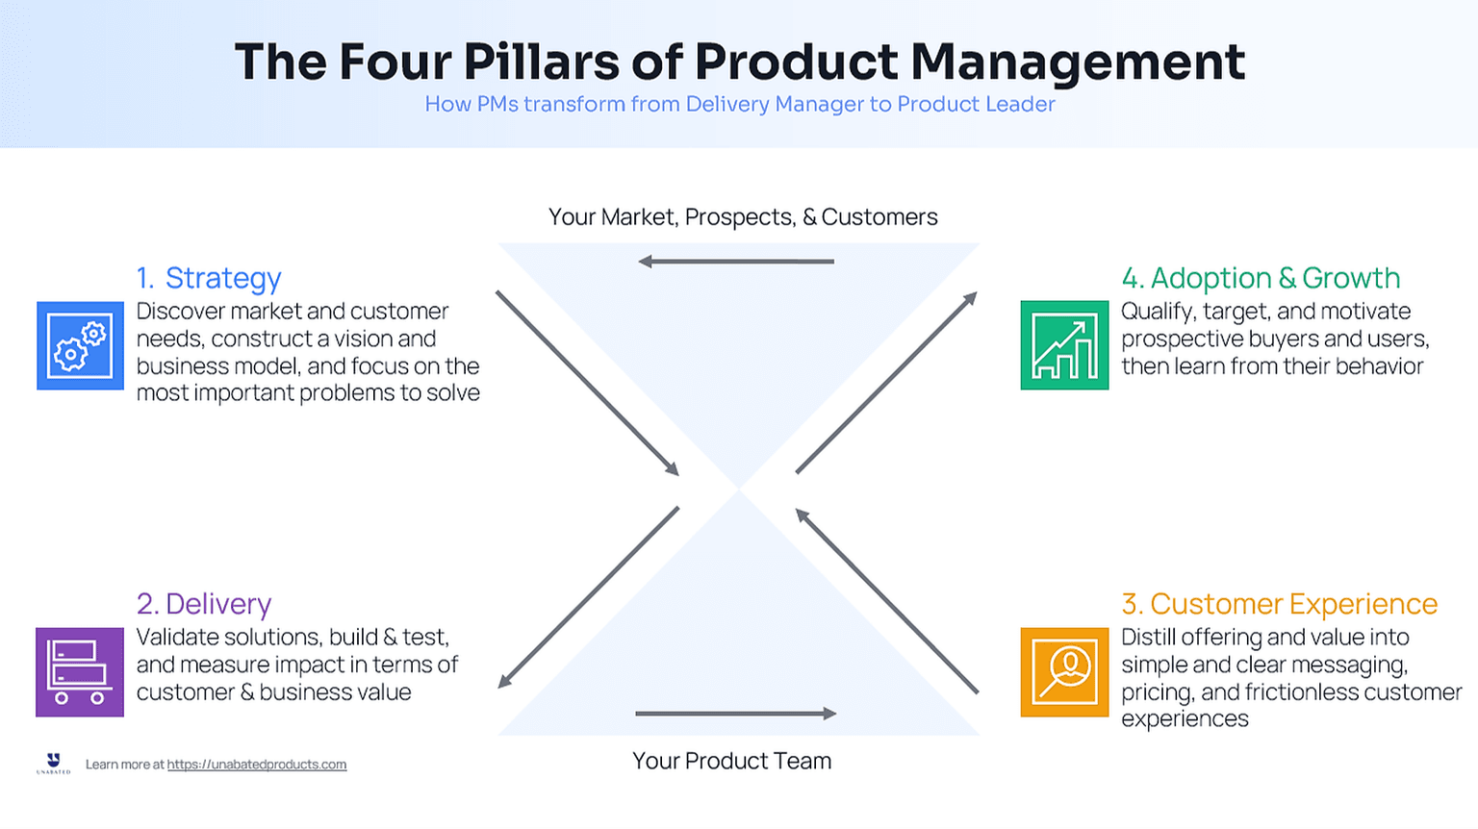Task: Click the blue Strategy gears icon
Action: (80, 345)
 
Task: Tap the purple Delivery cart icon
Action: (80, 671)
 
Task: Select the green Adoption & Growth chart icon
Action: (1064, 345)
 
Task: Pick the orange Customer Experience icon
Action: (1064, 671)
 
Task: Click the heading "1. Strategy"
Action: (209, 278)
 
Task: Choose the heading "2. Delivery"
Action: (204, 604)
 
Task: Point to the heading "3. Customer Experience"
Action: (1279, 604)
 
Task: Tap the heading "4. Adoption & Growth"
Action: (1261, 278)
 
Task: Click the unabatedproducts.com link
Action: (256, 765)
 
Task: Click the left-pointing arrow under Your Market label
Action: (736, 262)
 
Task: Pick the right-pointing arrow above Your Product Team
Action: (736, 714)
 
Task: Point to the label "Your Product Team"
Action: (731, 761)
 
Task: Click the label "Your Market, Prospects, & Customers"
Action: (743, 217)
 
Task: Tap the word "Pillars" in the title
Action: (541, 62)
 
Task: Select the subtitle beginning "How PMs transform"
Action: (740, 104)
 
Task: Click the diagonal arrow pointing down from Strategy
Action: (587, 383)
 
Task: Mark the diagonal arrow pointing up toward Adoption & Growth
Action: (886, 383)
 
